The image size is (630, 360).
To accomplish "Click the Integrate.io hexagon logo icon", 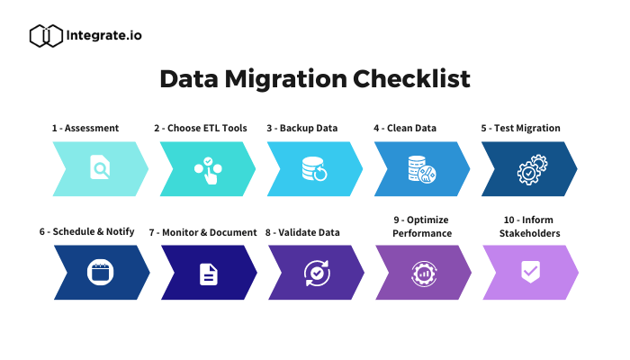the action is pos(46,36).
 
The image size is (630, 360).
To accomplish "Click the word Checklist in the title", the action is pos(411,79).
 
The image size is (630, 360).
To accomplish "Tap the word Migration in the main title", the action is pos(285,79).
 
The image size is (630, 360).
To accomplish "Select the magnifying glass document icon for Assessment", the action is pos(100,166).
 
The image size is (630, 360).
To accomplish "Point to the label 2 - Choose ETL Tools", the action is pos(201,128).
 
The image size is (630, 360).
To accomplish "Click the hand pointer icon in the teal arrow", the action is pos(208,171).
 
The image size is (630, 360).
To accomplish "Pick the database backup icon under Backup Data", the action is pos(315,169).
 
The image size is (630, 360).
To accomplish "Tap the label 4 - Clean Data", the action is pos(405,128).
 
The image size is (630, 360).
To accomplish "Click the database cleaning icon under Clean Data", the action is pos(422,169).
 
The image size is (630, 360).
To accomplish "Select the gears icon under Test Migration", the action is pos(532,169).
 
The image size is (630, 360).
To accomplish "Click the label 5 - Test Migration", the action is pos(521,128).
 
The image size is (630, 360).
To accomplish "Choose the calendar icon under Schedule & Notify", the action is pos(101,272).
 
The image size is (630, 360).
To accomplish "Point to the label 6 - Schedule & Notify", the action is pos(86,232).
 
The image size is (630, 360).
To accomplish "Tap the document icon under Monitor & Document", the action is pos(209,274).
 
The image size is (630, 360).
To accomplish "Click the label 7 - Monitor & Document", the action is pos(202,232).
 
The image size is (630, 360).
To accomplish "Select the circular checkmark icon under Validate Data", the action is pos(317,274).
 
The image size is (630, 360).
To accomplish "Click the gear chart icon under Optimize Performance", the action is pos(424,274).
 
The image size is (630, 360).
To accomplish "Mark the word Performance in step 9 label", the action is pos(422,233).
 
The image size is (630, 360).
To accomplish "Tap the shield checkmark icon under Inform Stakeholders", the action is pos(530,272).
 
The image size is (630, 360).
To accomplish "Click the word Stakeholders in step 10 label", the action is pos(529,233).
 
